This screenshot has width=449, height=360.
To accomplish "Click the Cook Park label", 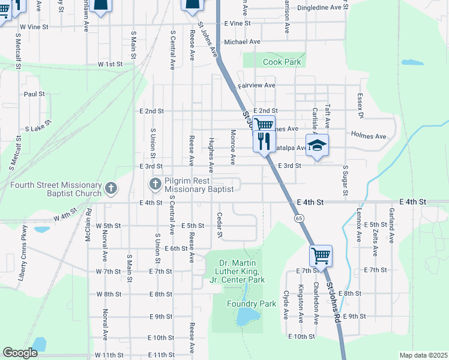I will [281, 62].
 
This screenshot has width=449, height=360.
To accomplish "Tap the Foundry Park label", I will [251, 304].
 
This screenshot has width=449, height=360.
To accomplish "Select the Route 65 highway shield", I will [298, 218].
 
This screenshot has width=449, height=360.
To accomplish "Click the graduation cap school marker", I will [318, 145].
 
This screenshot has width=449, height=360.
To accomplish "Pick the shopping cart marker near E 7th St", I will [321, 256].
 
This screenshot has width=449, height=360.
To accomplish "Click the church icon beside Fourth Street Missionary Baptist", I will [110, 188].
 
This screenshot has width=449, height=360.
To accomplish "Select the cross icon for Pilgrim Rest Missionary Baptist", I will [155, 183].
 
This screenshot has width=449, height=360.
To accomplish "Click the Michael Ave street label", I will [242, 42].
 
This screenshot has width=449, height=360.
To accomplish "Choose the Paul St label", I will [34, 94].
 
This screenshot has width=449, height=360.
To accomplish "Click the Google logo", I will [20, 353].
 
